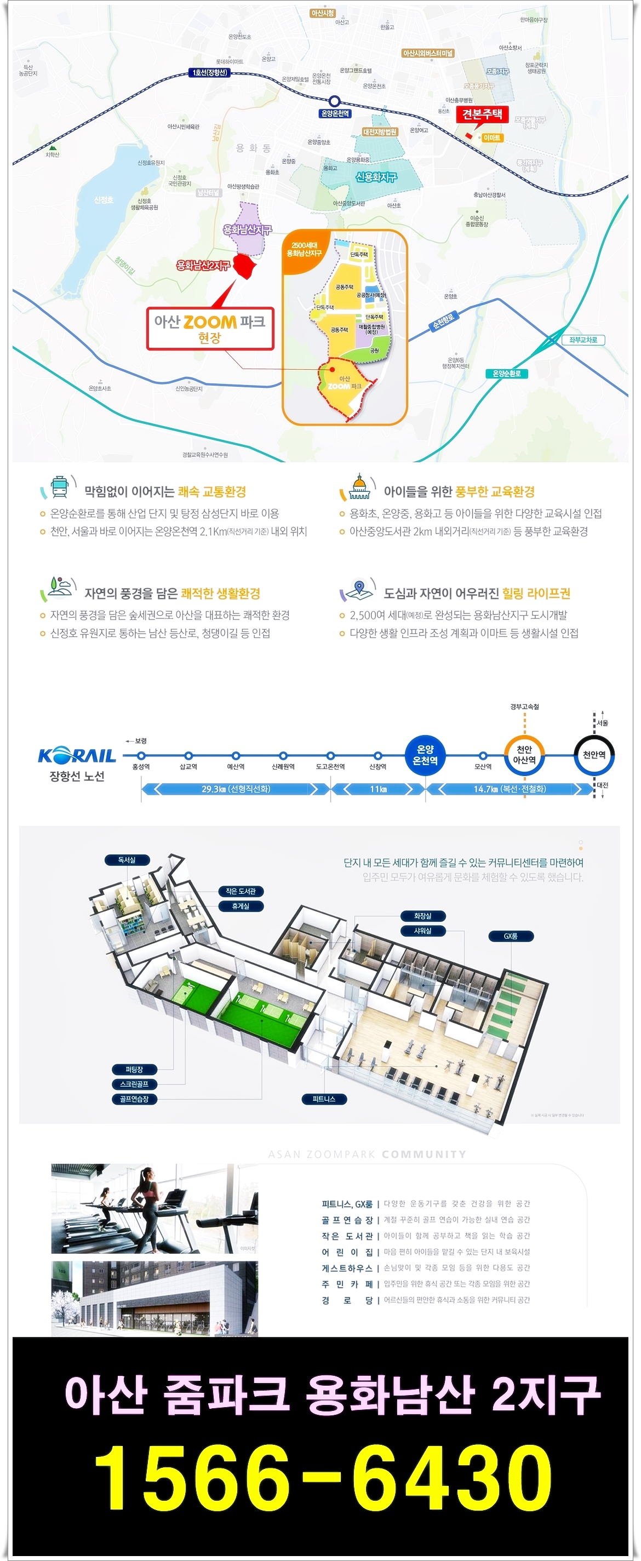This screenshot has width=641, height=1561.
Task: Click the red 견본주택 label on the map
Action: (x=482, y=114)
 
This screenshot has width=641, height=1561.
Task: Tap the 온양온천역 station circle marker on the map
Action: (x=334, y=102)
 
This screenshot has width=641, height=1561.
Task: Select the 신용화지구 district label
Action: (x=376, y=177)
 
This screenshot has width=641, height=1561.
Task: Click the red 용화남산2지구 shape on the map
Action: (x=245, y=266)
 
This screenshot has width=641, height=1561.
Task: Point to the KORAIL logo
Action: (x=77, y=755)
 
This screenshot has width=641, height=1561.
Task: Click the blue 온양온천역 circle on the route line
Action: (x=425, y=755)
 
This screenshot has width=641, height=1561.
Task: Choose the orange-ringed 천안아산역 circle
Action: (x=524, y=755)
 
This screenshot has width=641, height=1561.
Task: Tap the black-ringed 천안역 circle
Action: (x=594, y=755)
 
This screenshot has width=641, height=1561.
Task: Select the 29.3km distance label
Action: (x=235, y=789)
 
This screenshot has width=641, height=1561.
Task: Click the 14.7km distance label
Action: (x=509, y=789)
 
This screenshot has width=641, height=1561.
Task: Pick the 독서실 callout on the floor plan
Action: (x=127, y=860)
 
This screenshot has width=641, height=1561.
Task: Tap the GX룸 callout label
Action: (x=511, y=936)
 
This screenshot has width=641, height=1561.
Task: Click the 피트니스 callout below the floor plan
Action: (x=324, y=1099)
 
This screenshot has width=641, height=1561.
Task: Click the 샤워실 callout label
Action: (x=422, y=931)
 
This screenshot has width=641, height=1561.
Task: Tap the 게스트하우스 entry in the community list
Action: (x=347, y=1268)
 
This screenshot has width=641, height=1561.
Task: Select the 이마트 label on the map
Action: (x=492, y=137)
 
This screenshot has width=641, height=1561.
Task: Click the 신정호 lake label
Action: (x=104, y=200)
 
